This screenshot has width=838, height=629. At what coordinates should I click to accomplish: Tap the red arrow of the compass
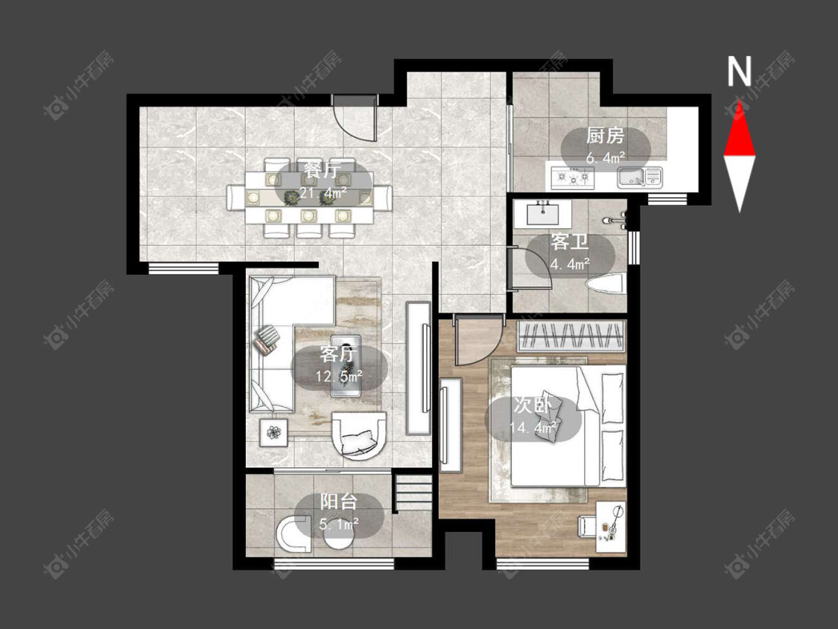740,127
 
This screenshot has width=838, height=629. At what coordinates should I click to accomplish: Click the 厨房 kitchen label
605,136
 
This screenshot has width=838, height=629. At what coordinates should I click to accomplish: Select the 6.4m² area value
606,157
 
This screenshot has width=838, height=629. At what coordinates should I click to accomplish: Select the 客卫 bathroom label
570,242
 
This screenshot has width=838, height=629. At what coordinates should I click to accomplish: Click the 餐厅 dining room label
323,171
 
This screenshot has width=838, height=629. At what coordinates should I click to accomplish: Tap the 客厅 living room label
338,353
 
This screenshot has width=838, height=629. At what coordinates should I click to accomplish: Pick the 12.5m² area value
339,376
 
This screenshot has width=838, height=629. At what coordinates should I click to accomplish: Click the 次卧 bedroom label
533,405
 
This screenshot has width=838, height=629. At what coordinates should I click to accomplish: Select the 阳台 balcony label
338,502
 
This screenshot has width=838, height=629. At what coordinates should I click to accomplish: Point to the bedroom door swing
477,340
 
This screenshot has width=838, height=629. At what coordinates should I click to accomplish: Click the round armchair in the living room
359,435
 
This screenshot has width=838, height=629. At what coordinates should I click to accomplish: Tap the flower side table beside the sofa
273,432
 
